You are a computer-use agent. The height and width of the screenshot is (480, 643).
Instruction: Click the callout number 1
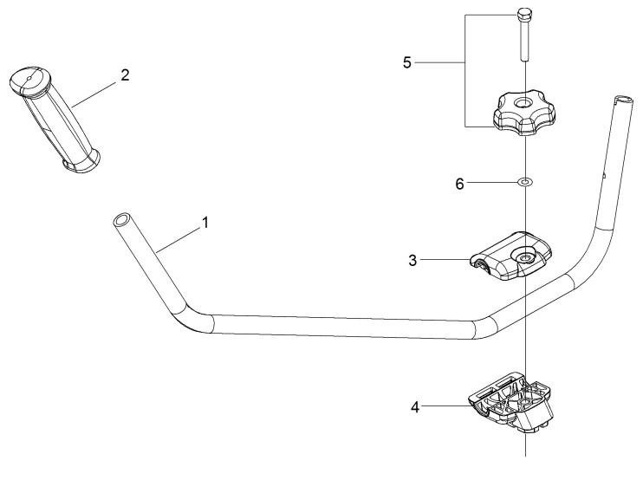[205, 223]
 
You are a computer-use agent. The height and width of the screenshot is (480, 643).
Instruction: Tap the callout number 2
[125, 75]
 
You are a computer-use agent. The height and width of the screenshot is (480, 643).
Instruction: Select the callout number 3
[412, 260]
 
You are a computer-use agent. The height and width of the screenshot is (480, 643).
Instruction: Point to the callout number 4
[415, 407]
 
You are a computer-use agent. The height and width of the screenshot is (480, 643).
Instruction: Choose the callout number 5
[406, 62]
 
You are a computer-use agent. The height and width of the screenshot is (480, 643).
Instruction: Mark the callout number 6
[459, 184]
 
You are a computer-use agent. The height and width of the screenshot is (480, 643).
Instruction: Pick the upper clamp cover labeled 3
[510, 256]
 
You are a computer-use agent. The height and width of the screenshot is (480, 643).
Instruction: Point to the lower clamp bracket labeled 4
[510, 403]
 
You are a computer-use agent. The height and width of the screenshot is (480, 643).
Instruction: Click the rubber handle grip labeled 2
[55, 117]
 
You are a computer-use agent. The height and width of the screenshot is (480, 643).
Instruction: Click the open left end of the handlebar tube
[121, 219]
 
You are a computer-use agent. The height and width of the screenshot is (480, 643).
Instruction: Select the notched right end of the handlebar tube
[623, 100]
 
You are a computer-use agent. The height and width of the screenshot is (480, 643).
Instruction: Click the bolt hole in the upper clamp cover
[524, 257]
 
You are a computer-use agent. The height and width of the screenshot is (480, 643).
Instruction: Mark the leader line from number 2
[94, 94]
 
